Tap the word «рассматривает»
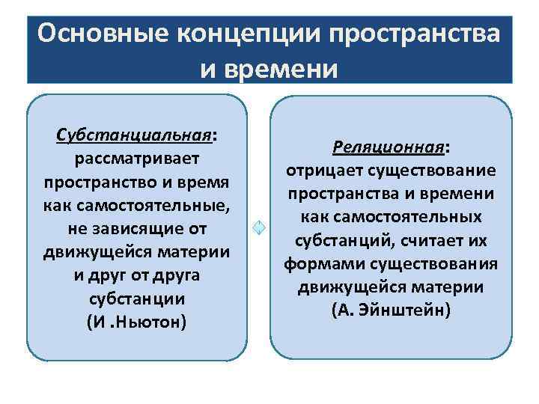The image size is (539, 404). (135, 159)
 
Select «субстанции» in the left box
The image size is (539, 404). (135, 299)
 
